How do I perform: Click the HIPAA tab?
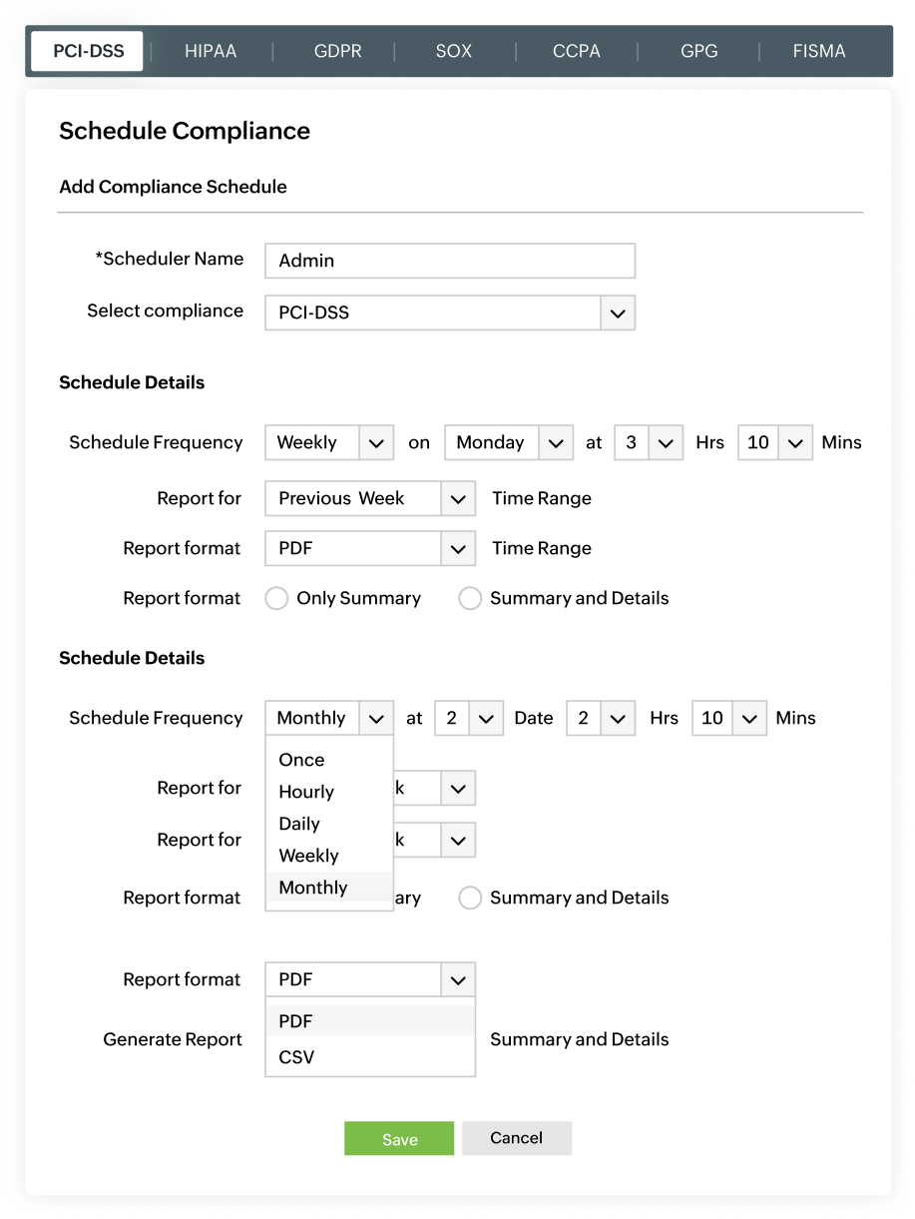(211, 51)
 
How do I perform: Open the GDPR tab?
(337, 51)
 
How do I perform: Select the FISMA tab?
(818, 51)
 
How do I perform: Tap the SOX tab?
(453, 51)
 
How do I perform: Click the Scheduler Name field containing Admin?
(449, 261)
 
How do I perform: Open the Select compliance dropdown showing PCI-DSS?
(449, 312)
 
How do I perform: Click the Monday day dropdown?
(509, 442)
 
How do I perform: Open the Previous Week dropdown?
(369, 498)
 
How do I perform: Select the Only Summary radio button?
(276, 598)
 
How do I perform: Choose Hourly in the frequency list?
(306, 792)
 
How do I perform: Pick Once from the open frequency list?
(301, 760)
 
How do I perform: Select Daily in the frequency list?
(299, 824)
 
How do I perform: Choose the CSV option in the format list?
(296, 1056)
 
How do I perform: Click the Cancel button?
(516, 1138)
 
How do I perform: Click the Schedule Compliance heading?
(185, 131)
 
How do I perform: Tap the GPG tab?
(698, 51)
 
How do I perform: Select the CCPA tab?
(577, 51)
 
